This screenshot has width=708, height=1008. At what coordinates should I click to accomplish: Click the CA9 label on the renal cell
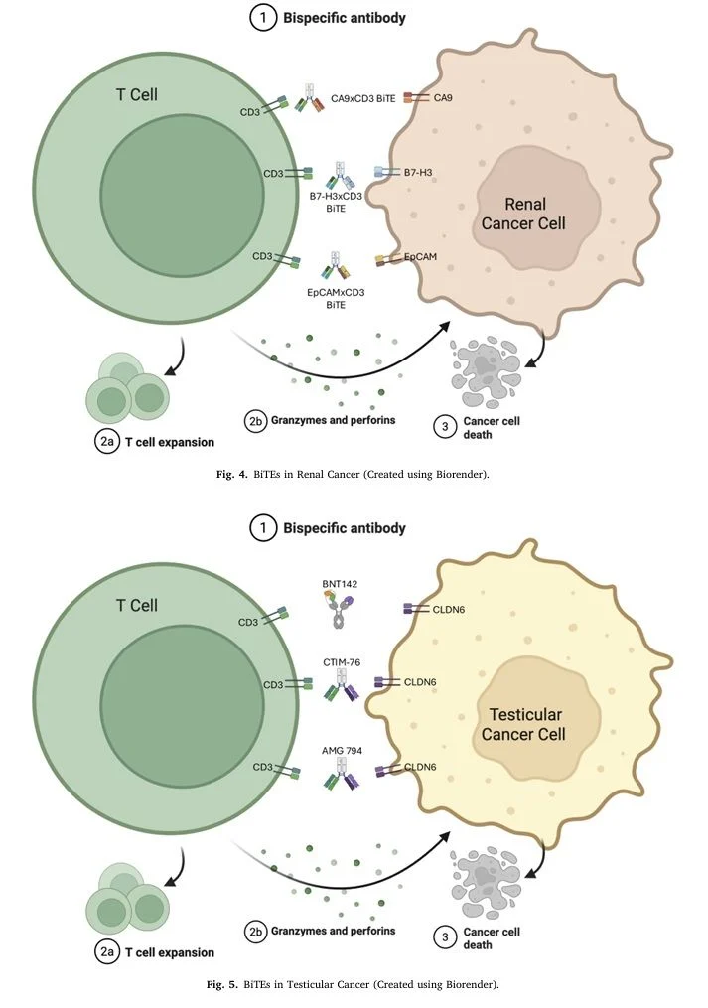tap(445, 98)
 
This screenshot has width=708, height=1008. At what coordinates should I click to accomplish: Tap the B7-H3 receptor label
tap(418, 172)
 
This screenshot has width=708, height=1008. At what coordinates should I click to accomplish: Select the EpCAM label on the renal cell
tap(420, 256)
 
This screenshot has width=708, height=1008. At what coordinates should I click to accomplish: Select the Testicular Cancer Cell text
tap(524, 724)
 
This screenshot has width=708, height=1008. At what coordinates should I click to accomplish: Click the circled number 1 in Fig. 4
tap(261, 18)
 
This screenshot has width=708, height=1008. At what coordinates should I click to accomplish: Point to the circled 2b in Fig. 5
tap(256, 931)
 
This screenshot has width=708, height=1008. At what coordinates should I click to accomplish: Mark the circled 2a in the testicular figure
tap(107, 952)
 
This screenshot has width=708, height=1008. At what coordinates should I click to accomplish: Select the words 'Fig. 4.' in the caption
tap(232, 474)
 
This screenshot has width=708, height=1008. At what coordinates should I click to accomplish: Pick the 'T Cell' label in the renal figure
tap(136, 95)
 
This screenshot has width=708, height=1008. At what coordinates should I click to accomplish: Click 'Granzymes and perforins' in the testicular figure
tap(334, 931)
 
